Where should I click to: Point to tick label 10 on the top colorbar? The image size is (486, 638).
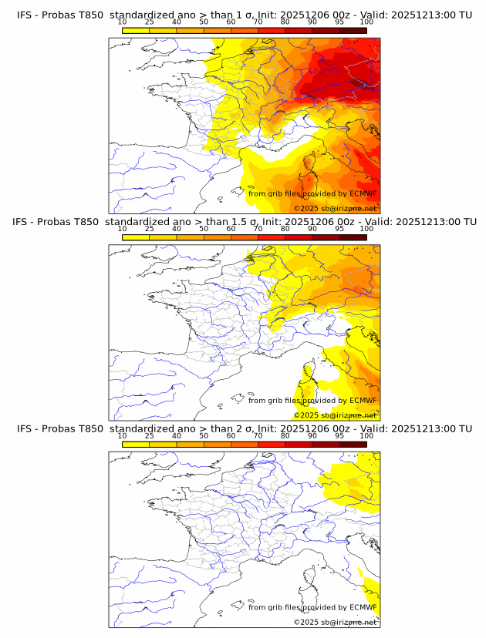pos(123,22)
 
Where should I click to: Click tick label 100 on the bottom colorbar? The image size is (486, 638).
pos(366,435)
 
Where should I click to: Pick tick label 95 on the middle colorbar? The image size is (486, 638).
pos(339,229)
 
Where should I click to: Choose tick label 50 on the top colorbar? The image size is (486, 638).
pos(204,22)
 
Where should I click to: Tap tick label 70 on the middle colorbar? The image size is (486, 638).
pos(258,229)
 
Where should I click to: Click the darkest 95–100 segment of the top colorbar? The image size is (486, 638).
pos(353,30)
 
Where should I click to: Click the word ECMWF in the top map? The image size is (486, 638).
pos(363,193)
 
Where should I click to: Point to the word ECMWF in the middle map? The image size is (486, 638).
pos(363,401)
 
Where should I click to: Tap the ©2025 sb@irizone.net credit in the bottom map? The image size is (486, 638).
pos(335,622)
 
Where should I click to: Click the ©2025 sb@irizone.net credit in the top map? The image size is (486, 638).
pos(335,208)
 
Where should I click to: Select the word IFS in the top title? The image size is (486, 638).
pos(25,15)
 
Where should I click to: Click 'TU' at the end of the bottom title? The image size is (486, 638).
pos(465,428)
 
